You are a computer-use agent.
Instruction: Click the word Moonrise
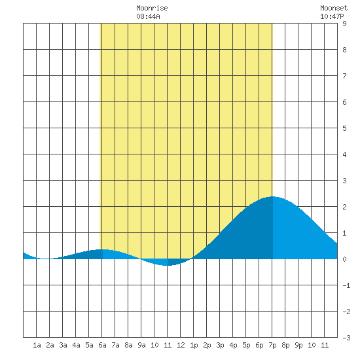(x=152, y=8)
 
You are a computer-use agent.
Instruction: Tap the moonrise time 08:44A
(x=148, y=16)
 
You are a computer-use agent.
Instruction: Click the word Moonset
(x=334, y=8)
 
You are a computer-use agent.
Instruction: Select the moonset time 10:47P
(x=332, y=16)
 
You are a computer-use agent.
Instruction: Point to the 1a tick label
(x=37, y=345)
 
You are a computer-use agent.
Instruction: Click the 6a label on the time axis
(x=102, y=345)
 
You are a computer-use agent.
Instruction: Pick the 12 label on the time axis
(x=181, y=345)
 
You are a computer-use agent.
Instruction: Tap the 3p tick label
(x=220, y=346)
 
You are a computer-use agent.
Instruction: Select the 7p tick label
(x=272, y=346)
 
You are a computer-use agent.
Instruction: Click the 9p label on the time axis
(x=298, y=346)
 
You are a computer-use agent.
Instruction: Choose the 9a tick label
(x=141, y=345)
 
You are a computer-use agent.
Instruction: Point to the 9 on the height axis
(x=344, y=24)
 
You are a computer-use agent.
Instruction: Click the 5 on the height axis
(x=344, y=128)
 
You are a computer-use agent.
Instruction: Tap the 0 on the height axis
(x=344, y=259)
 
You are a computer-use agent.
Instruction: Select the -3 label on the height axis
(x=346, y=338)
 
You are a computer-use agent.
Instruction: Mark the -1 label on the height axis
(x=346, y=285)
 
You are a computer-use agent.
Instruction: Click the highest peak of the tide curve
(x=272, y=196)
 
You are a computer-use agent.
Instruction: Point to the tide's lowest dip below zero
(x=167, y=265)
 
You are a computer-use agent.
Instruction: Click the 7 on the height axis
(x=344, y=76)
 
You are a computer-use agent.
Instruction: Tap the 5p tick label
(x=246, y=346)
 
